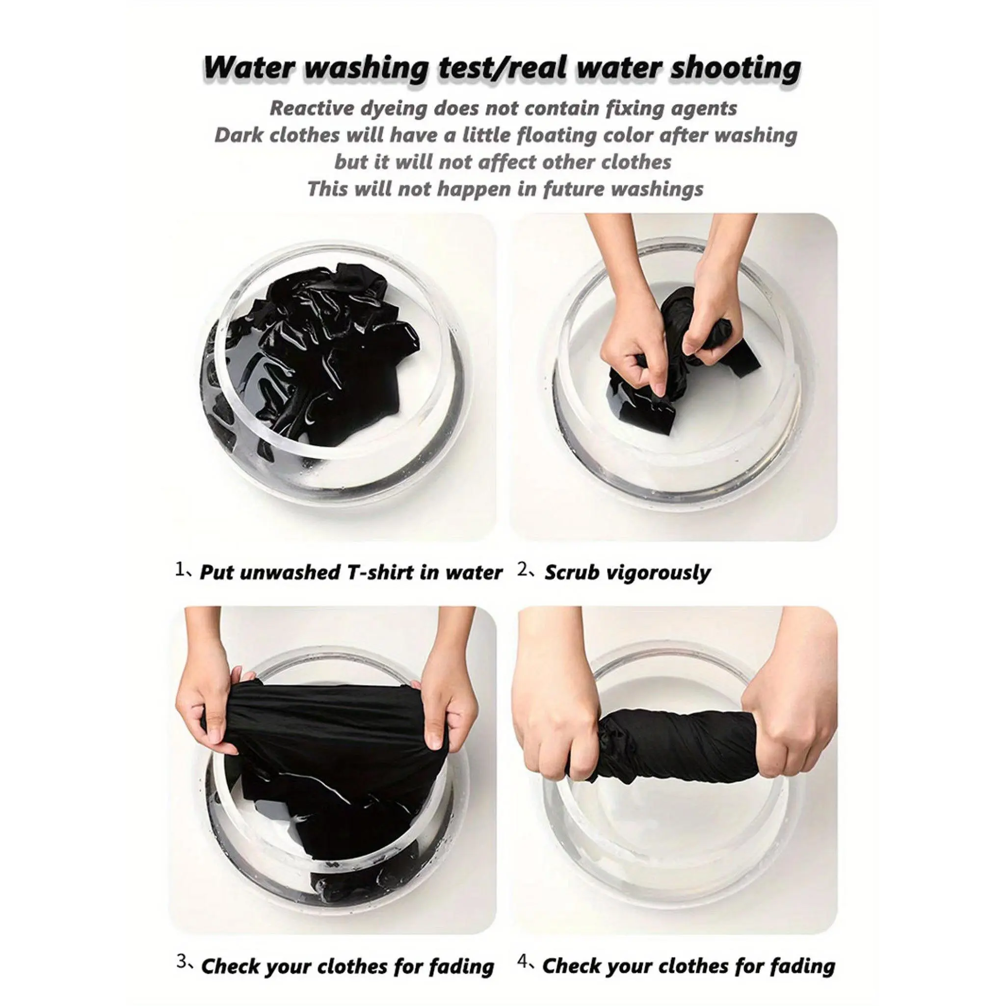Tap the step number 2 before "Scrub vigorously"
click(x=523, y=570)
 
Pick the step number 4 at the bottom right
click(x=522, y=947)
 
